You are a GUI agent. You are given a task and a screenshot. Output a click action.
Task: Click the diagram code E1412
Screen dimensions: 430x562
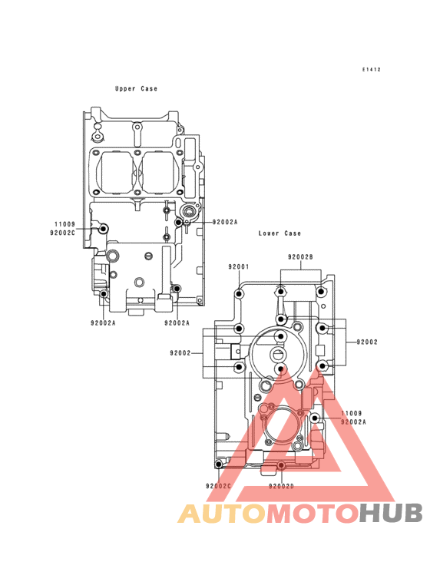(371, 70)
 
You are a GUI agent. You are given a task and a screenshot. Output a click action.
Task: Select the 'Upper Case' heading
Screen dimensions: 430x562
(136, 88)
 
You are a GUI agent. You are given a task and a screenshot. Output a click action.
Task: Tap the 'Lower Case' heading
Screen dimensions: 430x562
(279, 233)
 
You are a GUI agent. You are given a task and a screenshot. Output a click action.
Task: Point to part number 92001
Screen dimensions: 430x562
(239, 266)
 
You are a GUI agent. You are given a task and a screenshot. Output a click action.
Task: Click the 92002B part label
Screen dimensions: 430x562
(300, 257)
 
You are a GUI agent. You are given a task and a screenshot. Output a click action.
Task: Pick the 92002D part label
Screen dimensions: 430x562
(281, 486)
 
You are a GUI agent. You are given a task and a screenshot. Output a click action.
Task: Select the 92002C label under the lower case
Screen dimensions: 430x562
(218, 486)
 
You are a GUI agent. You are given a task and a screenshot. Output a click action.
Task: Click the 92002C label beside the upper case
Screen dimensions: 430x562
(63, 233)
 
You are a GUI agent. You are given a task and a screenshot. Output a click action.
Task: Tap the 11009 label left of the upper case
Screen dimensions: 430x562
(64, 224)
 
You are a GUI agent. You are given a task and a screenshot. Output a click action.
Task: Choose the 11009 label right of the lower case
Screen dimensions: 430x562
(351, 413)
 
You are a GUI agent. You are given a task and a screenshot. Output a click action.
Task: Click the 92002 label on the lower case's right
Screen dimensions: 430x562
(367, 342)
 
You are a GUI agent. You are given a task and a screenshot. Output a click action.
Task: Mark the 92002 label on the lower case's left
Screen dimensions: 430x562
(180, 353)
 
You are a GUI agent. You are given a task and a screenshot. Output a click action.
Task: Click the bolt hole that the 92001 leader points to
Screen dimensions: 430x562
(239, 294)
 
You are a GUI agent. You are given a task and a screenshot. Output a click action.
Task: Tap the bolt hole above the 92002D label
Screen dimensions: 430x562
(281, 465)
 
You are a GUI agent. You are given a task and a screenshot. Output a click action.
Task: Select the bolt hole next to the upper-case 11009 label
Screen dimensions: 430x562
(104, 228)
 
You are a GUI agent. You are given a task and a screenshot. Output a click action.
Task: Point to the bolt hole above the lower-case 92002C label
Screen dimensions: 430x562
(219, 464)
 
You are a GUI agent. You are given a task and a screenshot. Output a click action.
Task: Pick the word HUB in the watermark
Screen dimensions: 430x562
(391, 514)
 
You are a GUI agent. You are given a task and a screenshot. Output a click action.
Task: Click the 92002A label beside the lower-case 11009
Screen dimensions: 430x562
(353, 422)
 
